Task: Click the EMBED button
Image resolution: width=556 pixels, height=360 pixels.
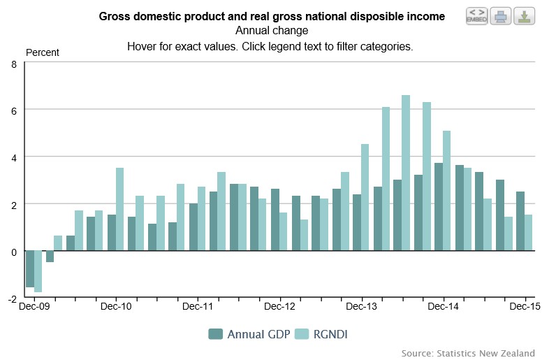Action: tap(476, 15)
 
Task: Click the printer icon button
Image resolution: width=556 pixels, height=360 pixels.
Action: tap(500, 15)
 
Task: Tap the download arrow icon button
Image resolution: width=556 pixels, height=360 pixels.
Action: tap(524, 15)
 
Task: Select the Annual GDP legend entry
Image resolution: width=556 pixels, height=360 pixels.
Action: tap(247, 334)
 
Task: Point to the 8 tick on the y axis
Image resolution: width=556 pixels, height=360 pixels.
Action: tap(14, 64)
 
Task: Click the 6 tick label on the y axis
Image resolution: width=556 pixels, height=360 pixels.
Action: tap(14, 110)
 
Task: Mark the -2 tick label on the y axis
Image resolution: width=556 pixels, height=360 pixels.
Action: tap(12, 298)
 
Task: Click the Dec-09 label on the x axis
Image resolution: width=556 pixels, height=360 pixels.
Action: tap(34, 306)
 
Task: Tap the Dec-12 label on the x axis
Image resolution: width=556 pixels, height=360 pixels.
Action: tap(280, 306)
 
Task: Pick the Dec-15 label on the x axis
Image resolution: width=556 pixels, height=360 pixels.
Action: tap(525, 306)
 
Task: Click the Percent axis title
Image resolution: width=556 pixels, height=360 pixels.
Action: tap(43, 52)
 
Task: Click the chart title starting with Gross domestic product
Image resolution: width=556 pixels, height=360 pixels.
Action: tap(272, 16)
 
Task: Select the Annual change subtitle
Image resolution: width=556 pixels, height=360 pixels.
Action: tap(272, 31)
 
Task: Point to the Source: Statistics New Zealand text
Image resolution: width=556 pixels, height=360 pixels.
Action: tap(468, 353)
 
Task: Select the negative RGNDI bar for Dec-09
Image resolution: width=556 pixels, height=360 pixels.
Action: tap(38, 271)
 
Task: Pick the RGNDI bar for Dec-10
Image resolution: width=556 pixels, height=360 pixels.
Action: tap(119, 209)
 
